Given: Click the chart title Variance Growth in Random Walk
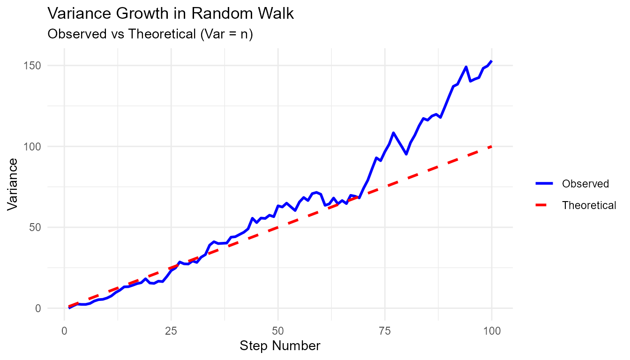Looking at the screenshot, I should point(171,14).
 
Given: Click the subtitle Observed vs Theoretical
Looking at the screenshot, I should point(150,34).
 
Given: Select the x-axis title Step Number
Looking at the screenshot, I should point(280,346).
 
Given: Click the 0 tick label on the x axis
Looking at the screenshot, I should point(64,331).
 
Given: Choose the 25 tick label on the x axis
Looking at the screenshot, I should point(171,331).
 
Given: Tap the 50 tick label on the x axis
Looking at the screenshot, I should point(278,331).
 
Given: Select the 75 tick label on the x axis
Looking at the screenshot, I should point(385,331).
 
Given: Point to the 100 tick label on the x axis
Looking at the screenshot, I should point(492,331).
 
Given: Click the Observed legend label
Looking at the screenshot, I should point(585,184).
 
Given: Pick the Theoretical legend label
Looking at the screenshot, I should point(589,205).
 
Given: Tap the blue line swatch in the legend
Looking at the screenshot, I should point(545,184).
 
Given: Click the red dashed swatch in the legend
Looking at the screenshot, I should point(545,205).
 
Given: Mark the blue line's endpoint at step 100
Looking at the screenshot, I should point(492,61).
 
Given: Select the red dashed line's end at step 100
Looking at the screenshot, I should point(492,146).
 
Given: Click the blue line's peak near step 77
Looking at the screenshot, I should point(393,133).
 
